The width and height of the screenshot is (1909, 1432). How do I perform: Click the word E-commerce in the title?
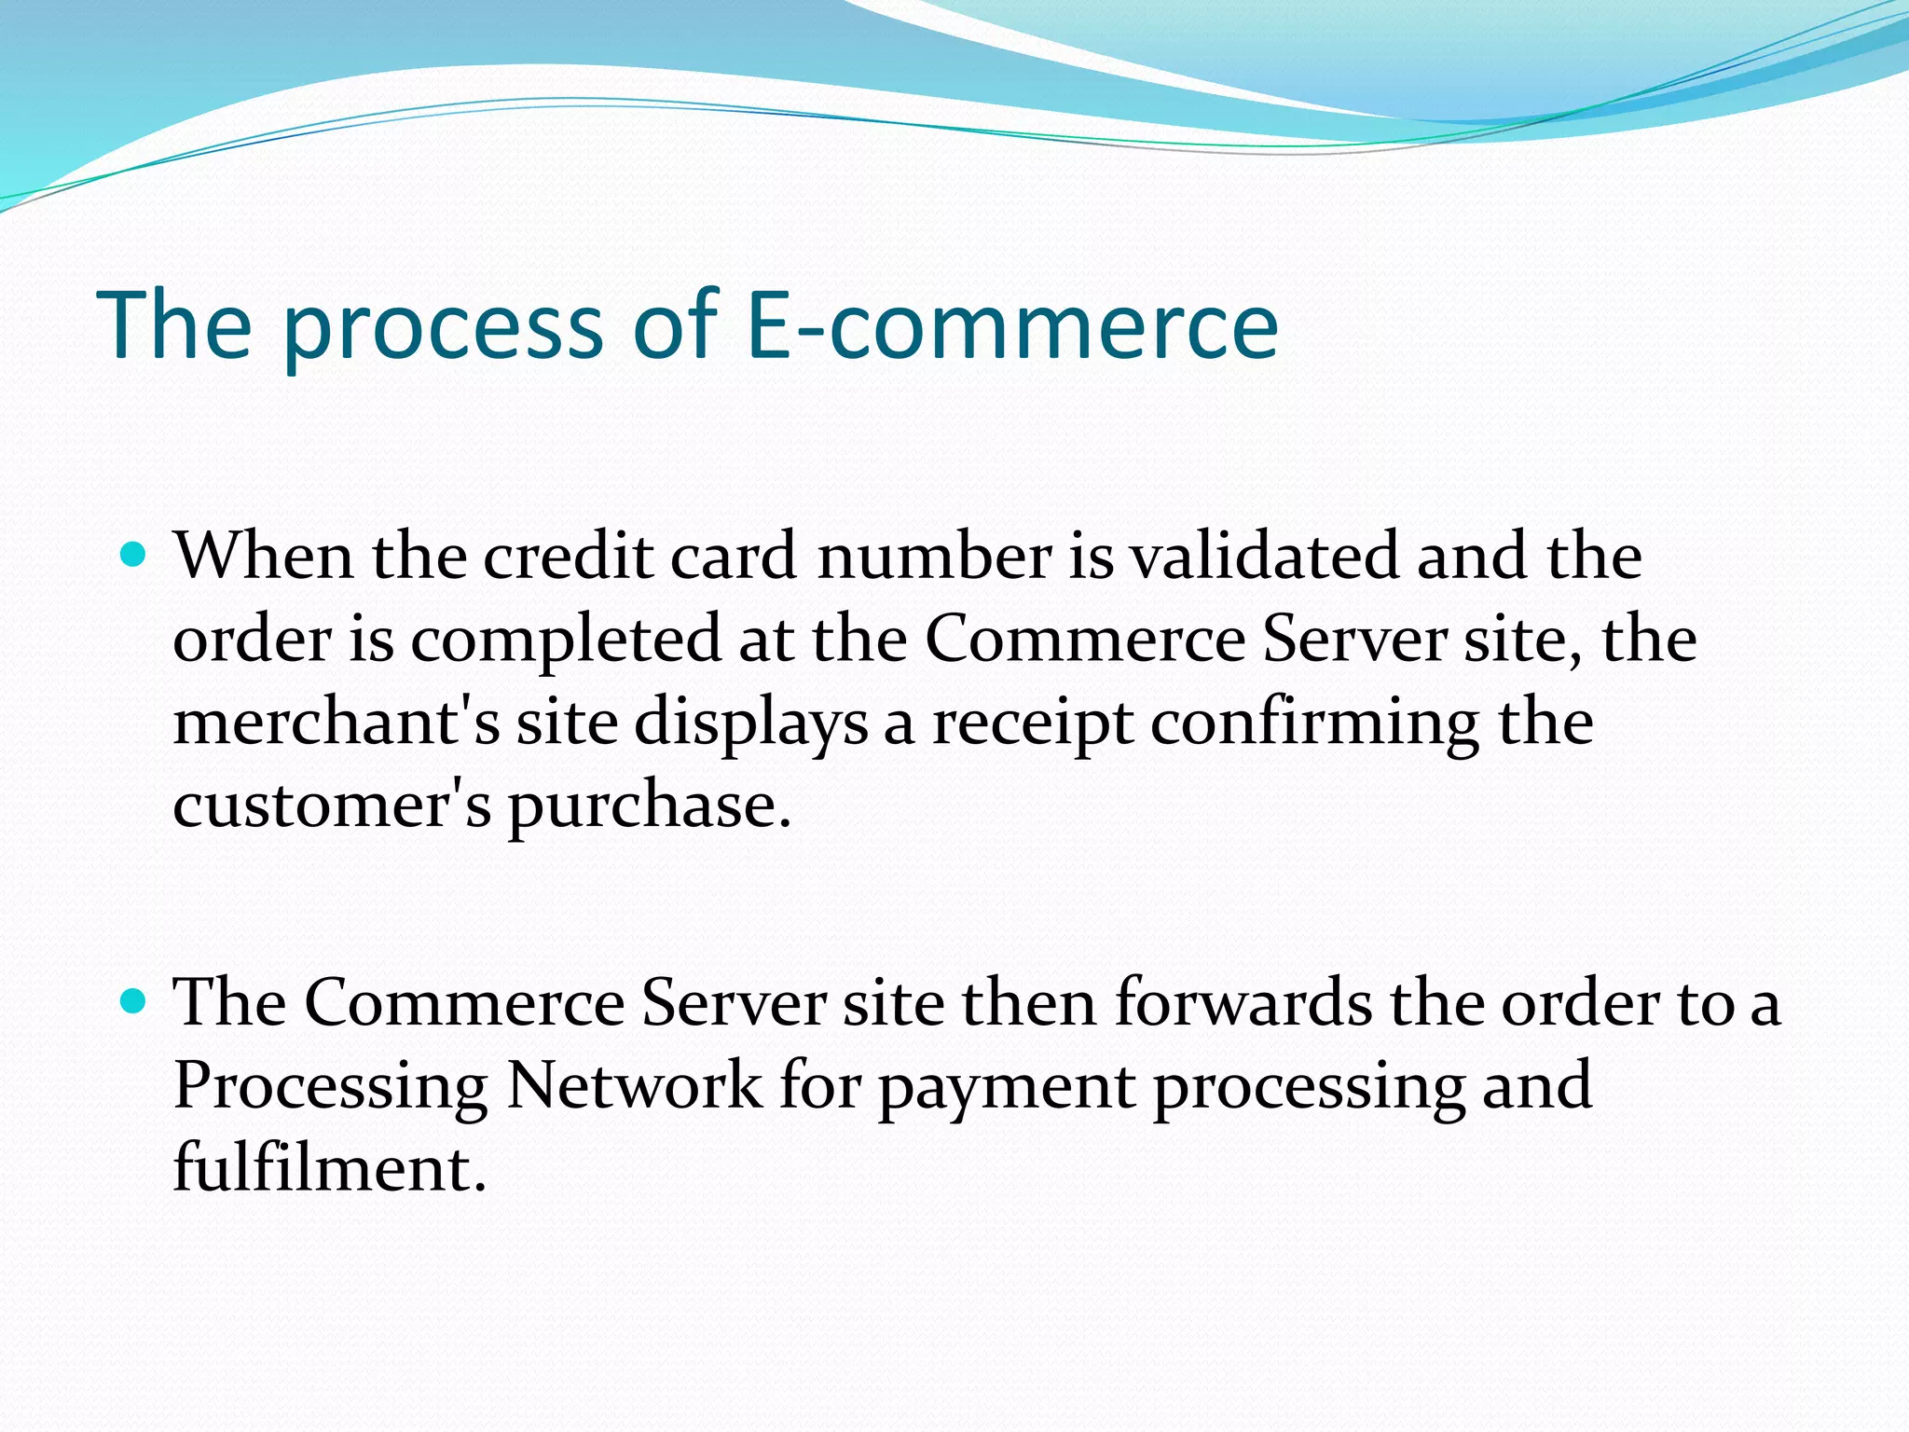[1012, 324]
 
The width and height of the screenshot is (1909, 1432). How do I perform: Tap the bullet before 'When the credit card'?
[135, 556]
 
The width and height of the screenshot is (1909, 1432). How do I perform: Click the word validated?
[1264, 556]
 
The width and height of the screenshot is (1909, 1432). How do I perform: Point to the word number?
[934, 556]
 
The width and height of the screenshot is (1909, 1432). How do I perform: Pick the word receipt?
[1032, 725]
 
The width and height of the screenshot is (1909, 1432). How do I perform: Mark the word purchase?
[648, 807]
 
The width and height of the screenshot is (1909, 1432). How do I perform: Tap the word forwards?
[1243, 1003]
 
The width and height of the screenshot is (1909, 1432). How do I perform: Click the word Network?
[634, 1085]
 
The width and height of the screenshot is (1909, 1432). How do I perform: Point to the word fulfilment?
[329, 1167]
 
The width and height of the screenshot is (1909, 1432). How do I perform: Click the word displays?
[751, 725]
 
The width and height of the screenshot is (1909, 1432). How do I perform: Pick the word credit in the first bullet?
[568, 556]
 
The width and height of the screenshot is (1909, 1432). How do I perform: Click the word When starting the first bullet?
[264, 556]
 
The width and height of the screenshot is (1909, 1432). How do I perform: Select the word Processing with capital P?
[331, 1087]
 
